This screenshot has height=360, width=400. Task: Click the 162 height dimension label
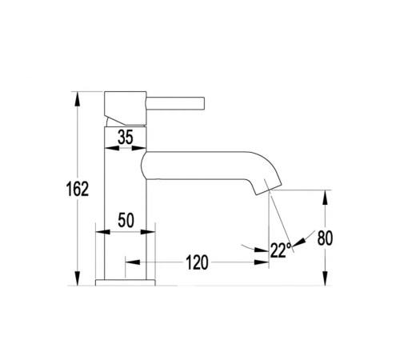[x=78, y=189]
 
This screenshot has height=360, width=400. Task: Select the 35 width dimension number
[x=126, y=138]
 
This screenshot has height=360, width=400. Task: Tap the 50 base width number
[x=126, y=221]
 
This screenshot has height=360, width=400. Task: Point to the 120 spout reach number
[x=197, y=262]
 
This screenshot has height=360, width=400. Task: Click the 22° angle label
[x=281, y=250]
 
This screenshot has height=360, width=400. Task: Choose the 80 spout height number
[x=325, y=238]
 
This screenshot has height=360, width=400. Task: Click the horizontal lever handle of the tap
[x=175, y=103]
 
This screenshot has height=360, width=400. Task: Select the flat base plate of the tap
[x=125, y=282]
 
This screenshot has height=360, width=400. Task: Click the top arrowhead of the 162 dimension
[x=78, y=99]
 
